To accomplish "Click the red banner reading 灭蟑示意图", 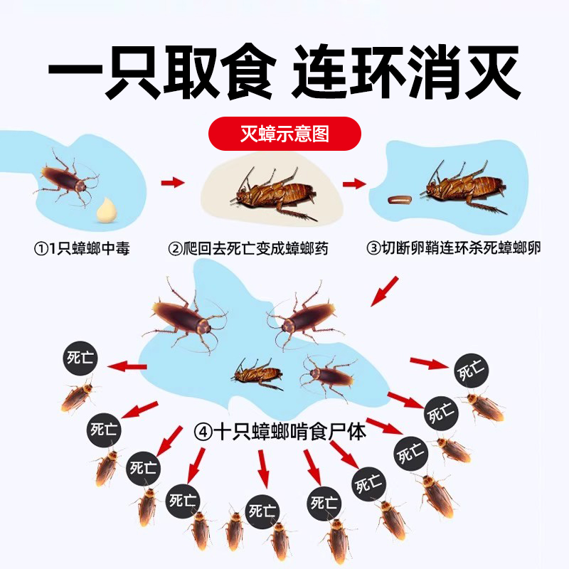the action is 284,133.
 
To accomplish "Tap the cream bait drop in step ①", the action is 107,209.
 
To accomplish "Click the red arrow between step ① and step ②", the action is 173,183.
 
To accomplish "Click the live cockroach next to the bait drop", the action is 65,178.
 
